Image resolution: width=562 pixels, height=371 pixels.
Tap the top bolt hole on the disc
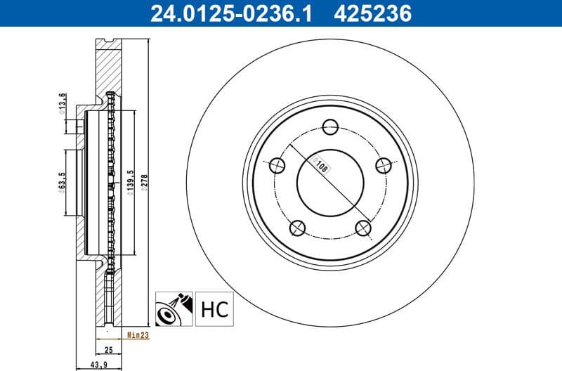coord(330,126)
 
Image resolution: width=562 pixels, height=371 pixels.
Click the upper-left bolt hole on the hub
coord(277,166)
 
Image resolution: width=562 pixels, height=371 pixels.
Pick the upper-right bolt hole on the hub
coord(383,165)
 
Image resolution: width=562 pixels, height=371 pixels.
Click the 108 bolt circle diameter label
coord(322,167)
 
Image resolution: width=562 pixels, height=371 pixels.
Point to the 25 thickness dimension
coord(108,349)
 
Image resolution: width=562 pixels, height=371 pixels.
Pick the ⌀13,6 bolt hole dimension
coord(62,104)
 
